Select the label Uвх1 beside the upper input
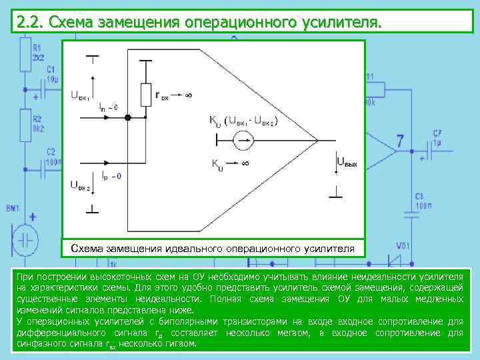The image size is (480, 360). (80, 95)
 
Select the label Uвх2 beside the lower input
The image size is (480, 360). (80, 185)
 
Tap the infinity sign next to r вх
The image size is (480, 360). (189, 95)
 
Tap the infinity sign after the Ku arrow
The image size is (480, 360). (245, 163)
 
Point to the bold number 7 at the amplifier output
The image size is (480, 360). (400, 141)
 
